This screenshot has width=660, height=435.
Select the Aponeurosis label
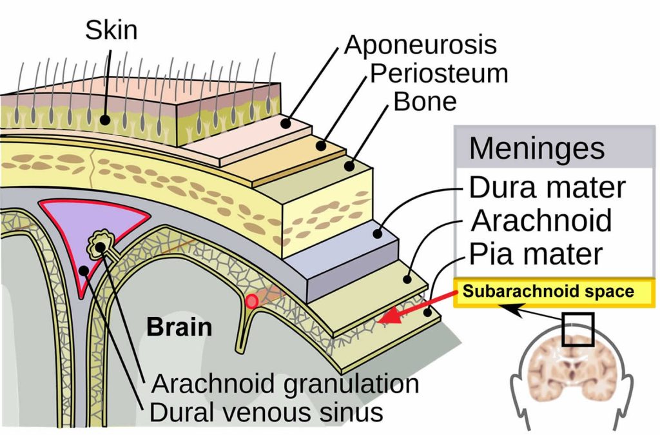421,45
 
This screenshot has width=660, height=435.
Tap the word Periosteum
439,73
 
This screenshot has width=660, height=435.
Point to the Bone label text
425,101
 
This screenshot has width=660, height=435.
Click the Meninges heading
537,148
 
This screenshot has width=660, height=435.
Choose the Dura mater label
547,188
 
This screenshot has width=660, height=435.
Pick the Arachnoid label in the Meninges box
542,220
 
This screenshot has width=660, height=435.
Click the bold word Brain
179,327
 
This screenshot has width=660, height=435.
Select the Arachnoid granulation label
285,384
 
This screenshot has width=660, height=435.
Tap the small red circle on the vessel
252,301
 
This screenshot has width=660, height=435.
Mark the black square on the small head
577,330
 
